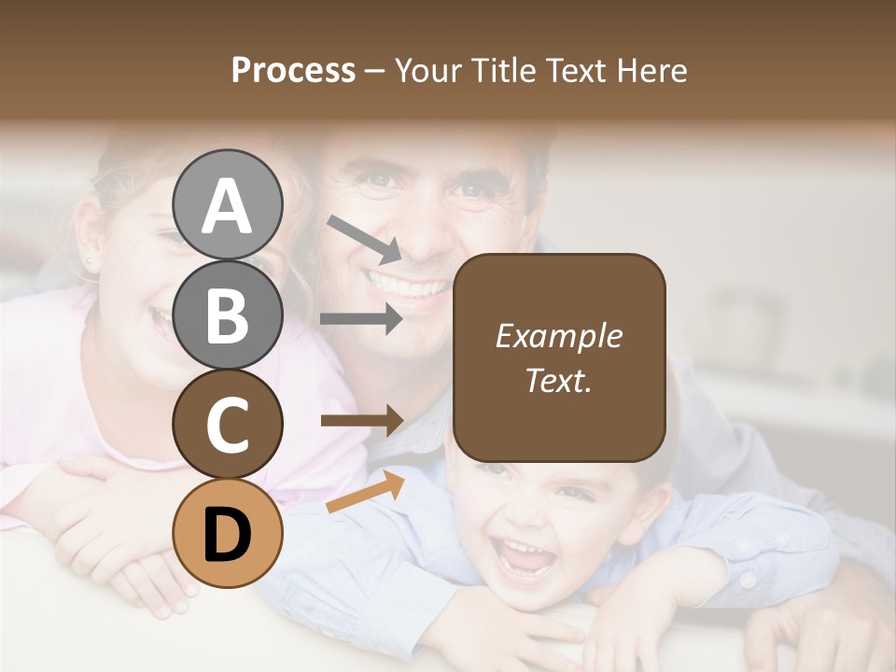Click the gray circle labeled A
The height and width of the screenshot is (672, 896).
(x=228, y=204)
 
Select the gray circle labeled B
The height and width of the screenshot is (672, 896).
(x=228, y=314)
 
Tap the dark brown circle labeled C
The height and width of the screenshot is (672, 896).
(x=228, y=424)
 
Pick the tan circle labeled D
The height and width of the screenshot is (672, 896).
(x=228, y=533)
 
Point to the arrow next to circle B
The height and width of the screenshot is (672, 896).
(x=361, y=318)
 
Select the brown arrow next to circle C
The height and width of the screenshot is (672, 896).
(x=362, y=421)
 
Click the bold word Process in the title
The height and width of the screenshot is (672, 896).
(x=293, y=71)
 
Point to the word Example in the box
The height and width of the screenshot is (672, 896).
(x=558, y=337)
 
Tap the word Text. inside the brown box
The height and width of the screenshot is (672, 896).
(x=558, y=381)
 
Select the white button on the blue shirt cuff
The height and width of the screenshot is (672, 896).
(x=748, y=580)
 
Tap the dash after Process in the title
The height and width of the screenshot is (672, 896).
(x=375, y=71)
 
